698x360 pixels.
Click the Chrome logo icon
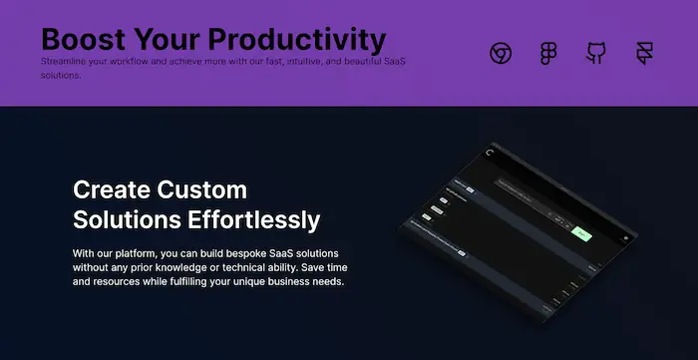pyautogui.click(x=501, y=54)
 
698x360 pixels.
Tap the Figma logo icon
pyautogui.click(x=548, y=54)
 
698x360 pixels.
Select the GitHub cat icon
pyautogui.click(x=596, y=54)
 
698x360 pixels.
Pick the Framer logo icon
pyautogui.click(x=644, y=54)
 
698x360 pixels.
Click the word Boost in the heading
pyautogui.click(x=84, y=41)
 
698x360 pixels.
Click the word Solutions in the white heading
pyautogui.click(x=121, y=218)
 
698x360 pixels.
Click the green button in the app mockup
pyautogui.click(x=583, y=235)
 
